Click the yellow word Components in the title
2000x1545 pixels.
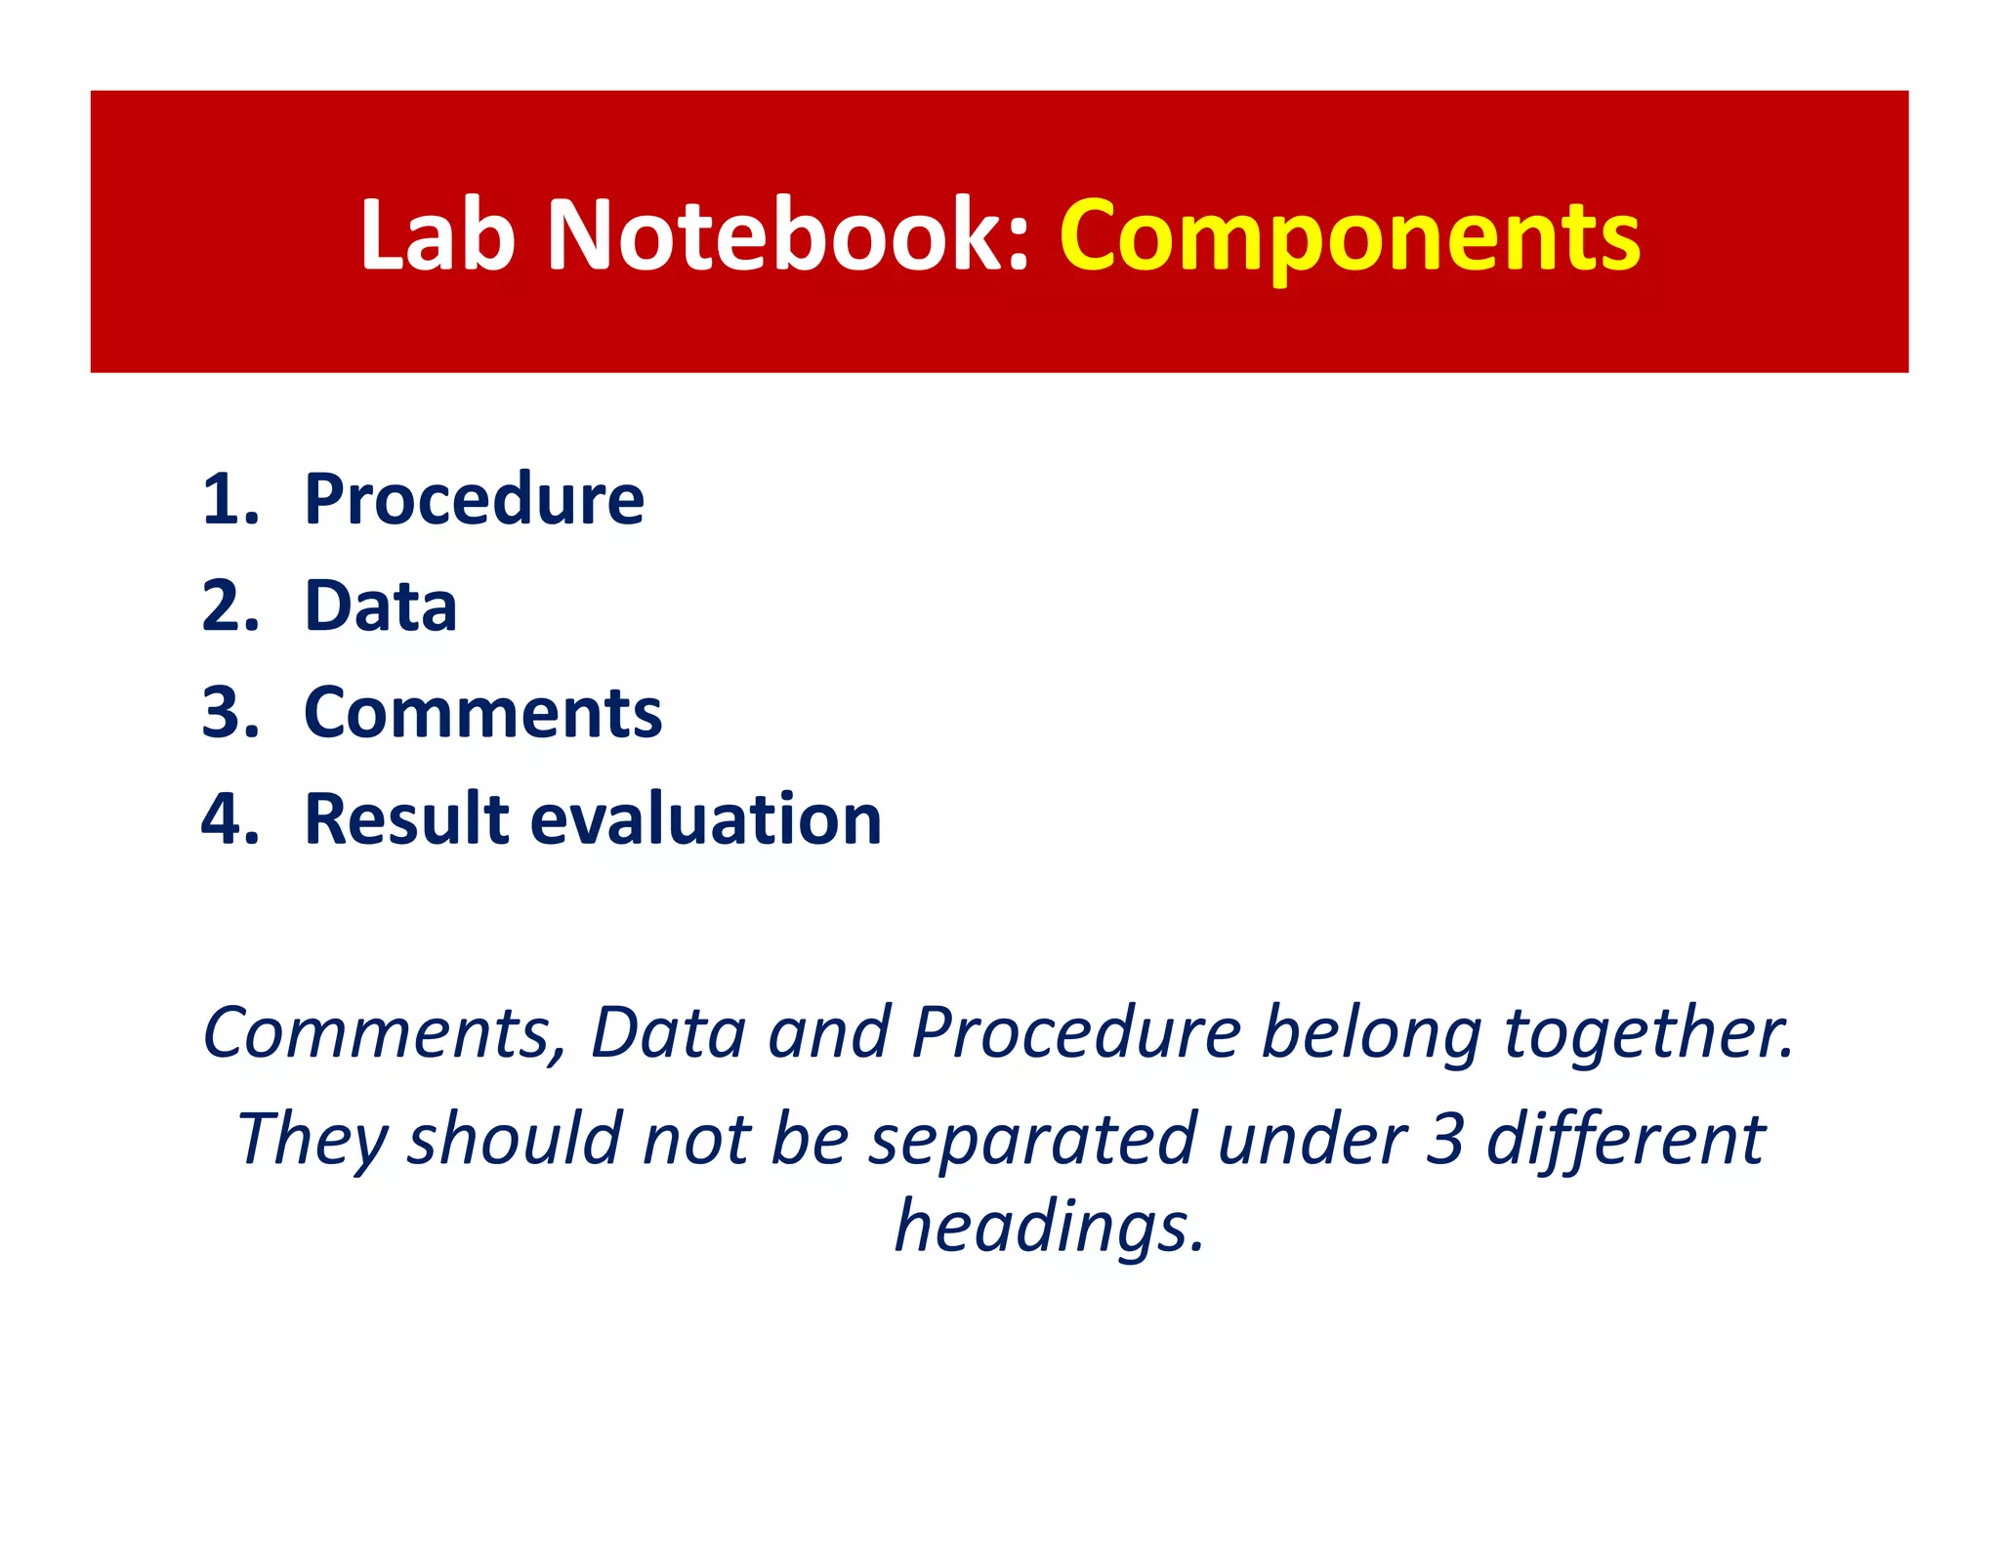point(1350,237)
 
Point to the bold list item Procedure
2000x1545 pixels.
point(475,500)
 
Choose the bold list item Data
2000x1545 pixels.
point(381,606)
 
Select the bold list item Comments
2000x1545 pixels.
point(483,713)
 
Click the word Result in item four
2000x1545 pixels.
point(407,818)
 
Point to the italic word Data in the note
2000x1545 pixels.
point(669,1032)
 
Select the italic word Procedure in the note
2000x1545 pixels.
point(1076,1032)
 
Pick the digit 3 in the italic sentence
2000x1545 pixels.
point(1444,1139)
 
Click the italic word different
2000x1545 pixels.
point(1625,1139)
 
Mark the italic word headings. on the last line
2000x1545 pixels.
point(1050,1228)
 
